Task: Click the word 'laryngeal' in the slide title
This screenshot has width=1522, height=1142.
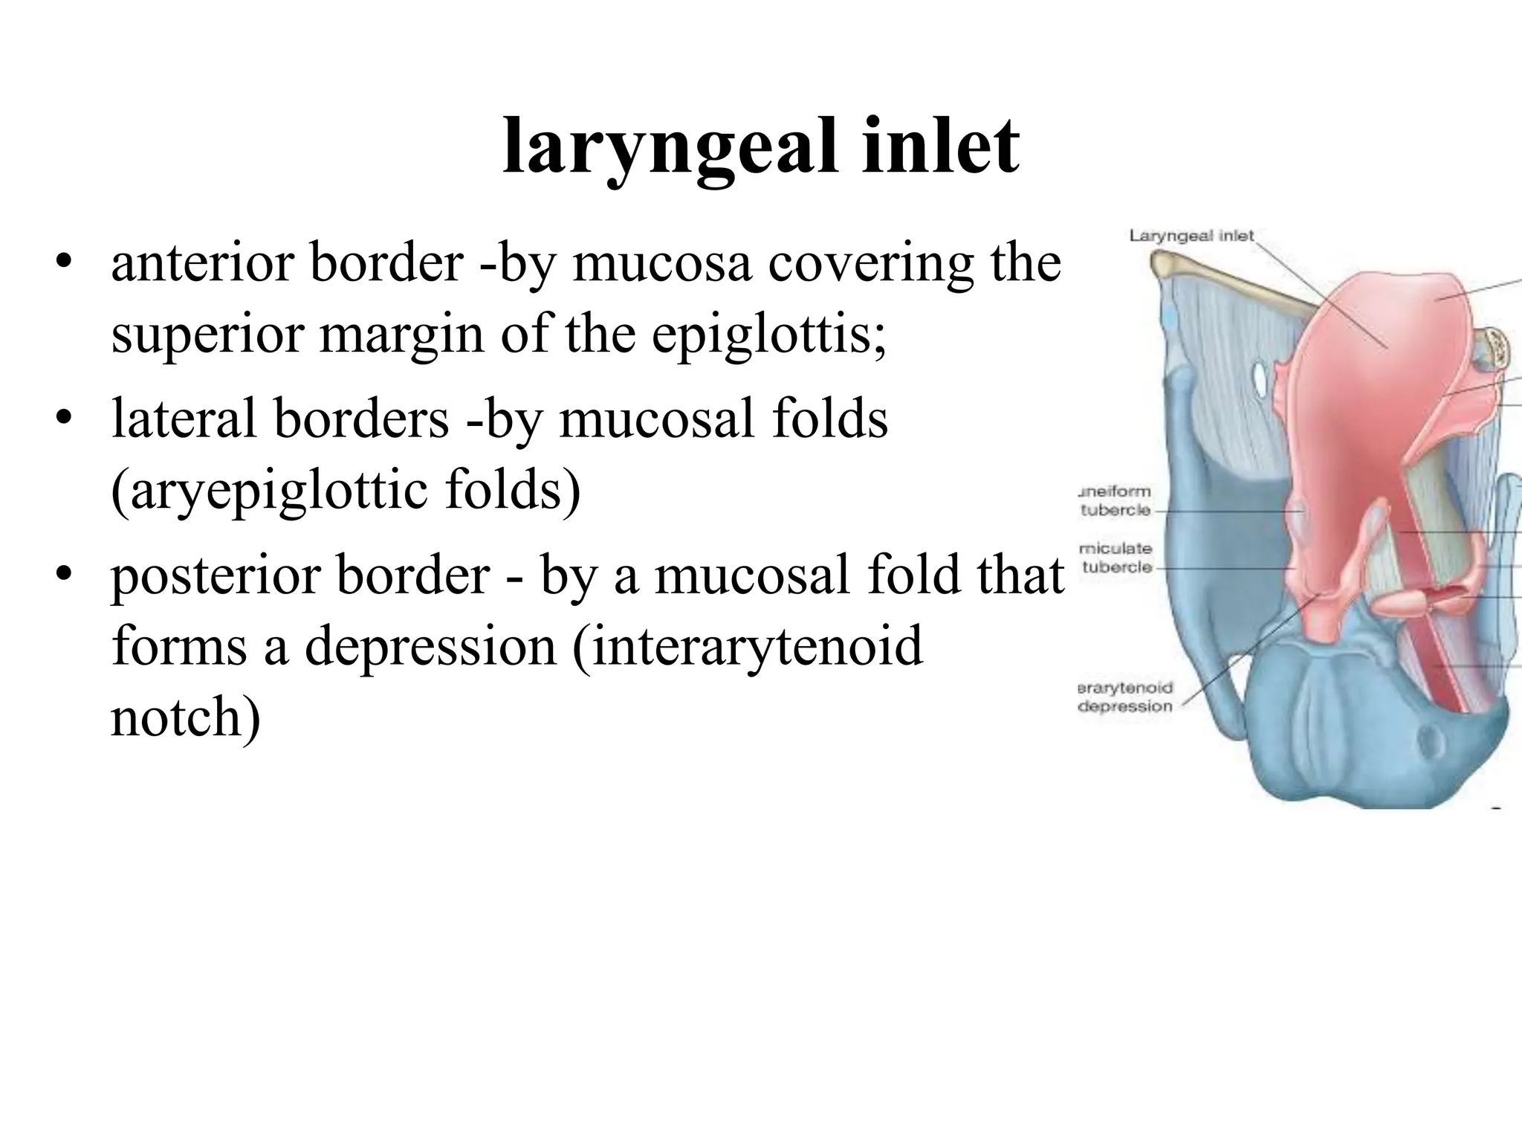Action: [658, 149]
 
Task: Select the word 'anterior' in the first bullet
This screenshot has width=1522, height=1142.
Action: [203, 263]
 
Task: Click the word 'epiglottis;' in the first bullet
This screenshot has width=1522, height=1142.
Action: [769, 335]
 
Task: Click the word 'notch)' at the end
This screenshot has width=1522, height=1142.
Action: [186, 717]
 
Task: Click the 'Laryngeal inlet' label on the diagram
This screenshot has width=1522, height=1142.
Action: [1191, 236]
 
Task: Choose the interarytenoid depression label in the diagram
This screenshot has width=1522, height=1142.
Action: [1124, 697]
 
